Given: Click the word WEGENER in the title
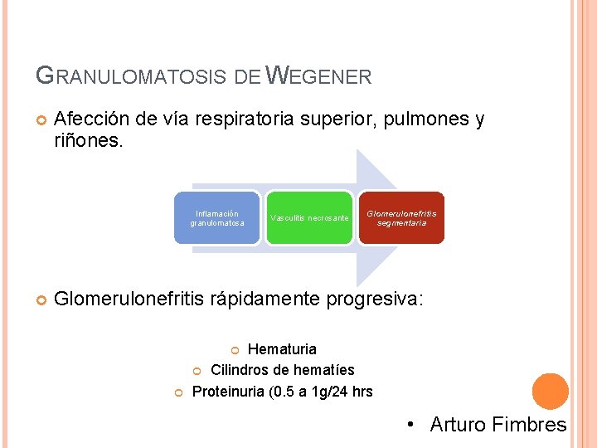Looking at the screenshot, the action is (x=321, y=77).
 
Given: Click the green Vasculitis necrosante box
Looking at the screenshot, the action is (x=309, y=218).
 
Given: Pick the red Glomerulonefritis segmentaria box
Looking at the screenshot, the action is (x=401, y=218).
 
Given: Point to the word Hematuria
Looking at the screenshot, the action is (x=282, y=349).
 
